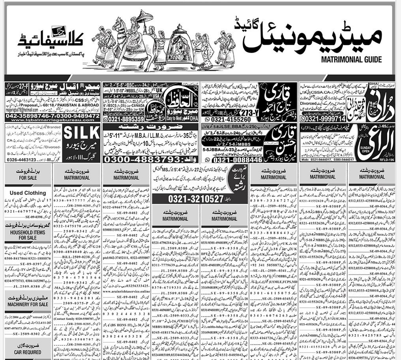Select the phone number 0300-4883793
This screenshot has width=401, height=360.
pyautogui.click(x=150, y=158)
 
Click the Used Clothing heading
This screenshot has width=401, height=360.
pyautogui.click(x=28, y=193)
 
